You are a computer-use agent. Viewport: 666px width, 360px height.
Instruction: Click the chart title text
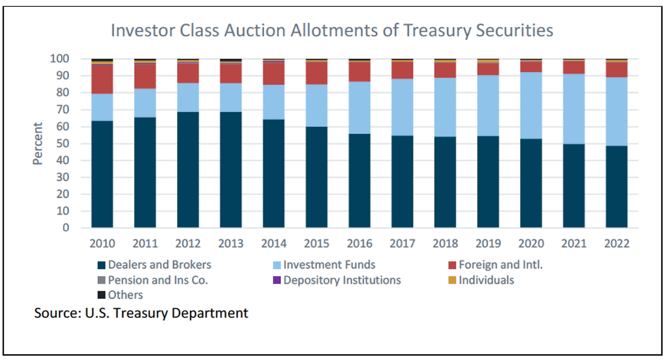coord(332,31)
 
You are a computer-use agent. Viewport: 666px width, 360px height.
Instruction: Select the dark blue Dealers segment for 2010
coord(102,174)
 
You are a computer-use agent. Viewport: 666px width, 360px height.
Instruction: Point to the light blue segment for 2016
coord(360,108)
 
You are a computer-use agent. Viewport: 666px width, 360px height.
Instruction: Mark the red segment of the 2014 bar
coord(274,73)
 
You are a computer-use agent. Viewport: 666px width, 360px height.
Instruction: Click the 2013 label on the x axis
coord(231,243)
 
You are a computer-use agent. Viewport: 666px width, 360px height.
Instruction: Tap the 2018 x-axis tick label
coord(445,243)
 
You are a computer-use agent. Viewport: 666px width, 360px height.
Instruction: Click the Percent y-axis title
coord(38,144)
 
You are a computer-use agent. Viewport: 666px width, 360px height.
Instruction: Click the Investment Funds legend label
coord(329,265)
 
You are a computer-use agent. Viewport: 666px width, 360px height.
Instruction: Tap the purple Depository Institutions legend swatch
coord(277,280)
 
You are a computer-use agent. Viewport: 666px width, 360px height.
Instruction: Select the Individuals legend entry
coord(486,280)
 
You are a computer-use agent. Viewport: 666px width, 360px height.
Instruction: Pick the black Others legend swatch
coord(101,295)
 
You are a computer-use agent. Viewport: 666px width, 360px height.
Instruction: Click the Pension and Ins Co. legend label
coord(158,280)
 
